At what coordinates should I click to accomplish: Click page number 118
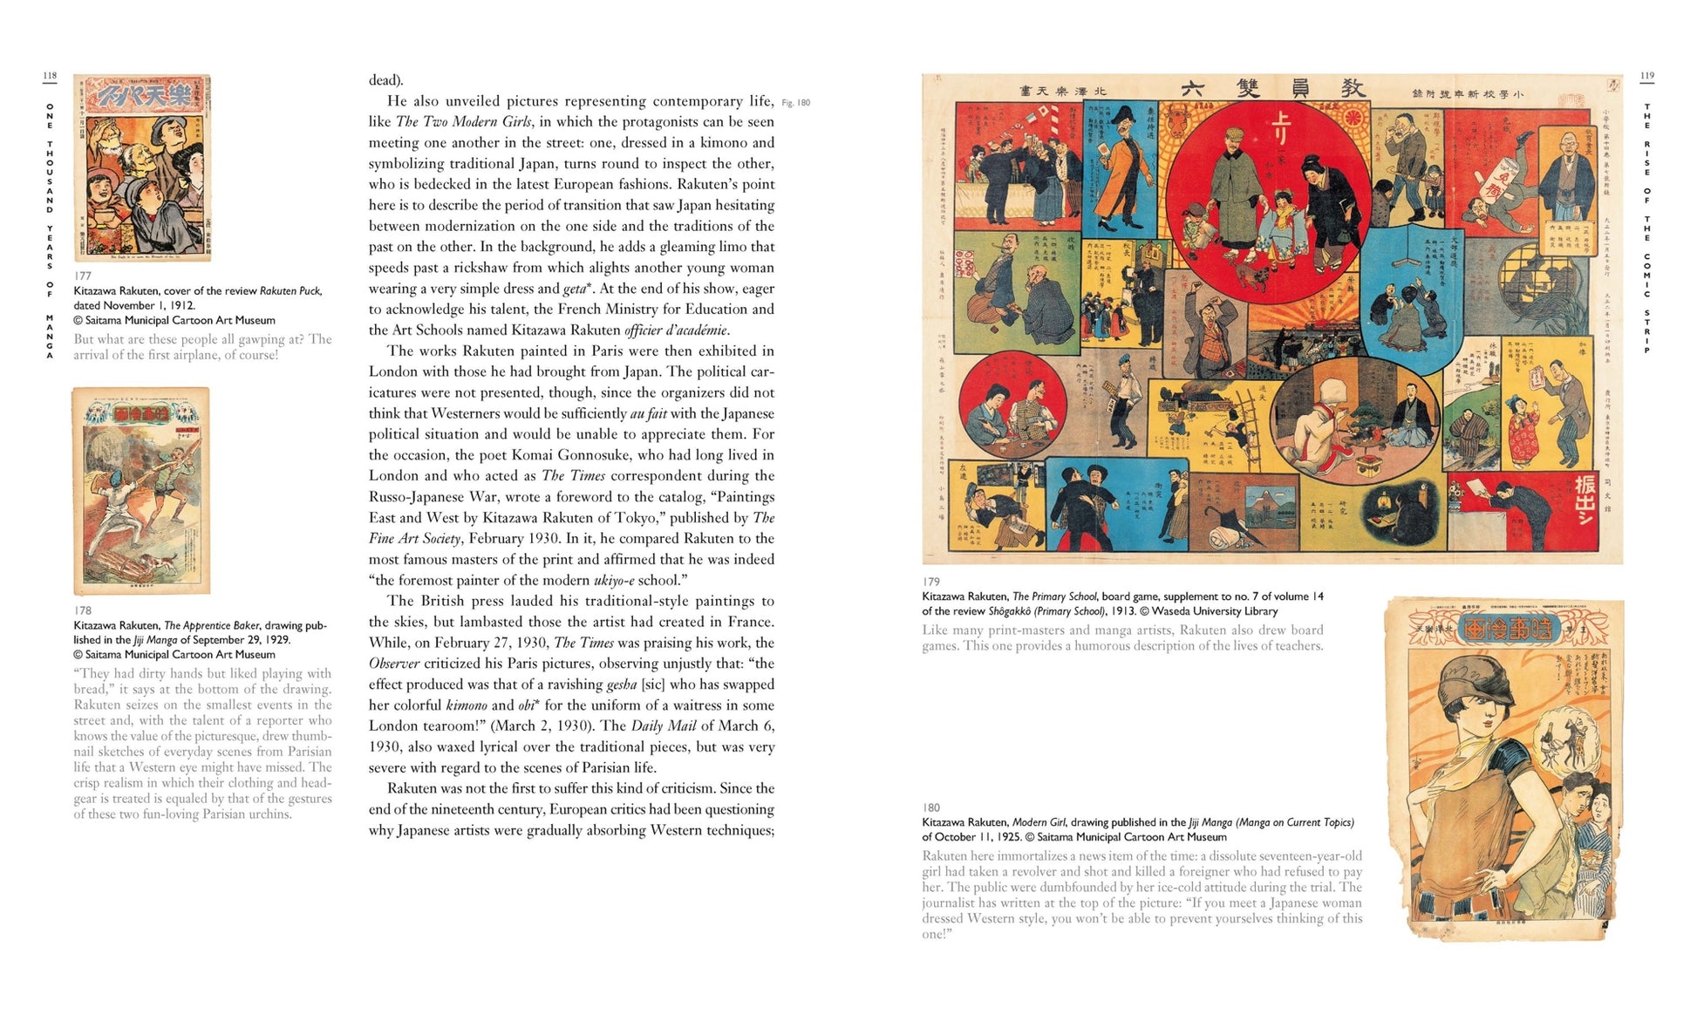50,76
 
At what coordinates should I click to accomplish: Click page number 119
1646,76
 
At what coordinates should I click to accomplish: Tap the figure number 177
83,276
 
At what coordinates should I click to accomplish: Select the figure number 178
83,610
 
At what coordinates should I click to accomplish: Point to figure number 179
931,582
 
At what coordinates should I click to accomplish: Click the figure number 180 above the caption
931,807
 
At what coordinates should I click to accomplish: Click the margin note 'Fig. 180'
795,103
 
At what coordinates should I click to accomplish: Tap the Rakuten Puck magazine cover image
142,167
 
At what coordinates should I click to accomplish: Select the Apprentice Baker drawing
141,491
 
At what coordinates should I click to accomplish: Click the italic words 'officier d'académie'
676,330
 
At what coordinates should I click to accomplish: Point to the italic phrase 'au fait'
648,413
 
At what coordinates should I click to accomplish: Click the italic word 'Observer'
395,664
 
